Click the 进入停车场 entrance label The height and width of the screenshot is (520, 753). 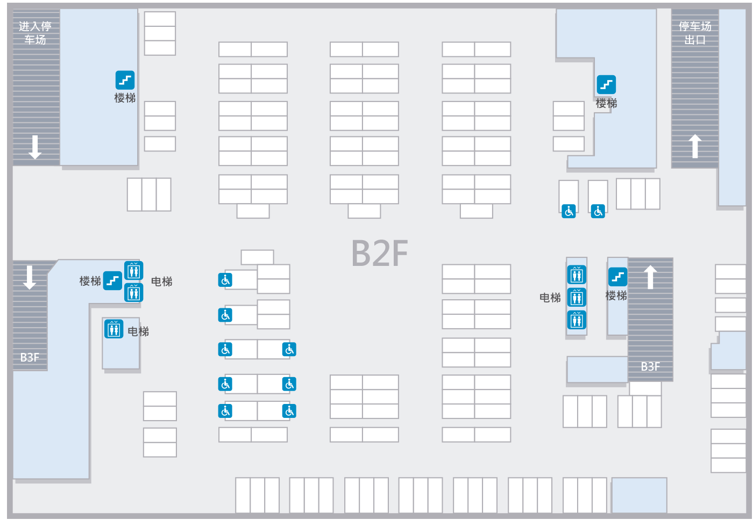tap(35, 33)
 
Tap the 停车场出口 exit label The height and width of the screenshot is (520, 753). tap(695, 33)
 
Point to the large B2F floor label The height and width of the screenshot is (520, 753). tap(380, 253)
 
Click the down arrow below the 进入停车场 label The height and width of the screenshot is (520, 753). tap(35, 147)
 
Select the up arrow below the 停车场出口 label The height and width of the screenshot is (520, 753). tap(695, 146)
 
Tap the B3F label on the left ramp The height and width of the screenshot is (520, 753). tap(30, 358)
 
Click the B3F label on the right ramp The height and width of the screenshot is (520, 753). tap(650, 366)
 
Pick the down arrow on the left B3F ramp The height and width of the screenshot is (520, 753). tap(30, 278)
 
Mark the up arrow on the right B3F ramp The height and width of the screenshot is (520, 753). tap(650, 277)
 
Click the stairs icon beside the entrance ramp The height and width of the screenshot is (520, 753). tap(125, 80)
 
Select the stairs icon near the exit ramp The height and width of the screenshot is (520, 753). tap(607, 84)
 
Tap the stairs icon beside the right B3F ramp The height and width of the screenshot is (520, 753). tap(618, 277)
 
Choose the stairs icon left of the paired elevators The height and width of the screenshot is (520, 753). tap(112, 280)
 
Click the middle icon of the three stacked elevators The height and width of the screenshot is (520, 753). tap(577, 298)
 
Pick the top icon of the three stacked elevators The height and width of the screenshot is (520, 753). tap(577, 275)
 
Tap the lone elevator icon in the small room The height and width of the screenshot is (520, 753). tap(113, 329)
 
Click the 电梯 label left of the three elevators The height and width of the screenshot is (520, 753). tap(550, 298)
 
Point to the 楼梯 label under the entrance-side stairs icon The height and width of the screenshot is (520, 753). tap(125, 98)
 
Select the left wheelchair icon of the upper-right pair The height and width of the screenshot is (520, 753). tap(569, 211)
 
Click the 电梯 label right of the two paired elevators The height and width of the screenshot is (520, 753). tap(162, 281)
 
